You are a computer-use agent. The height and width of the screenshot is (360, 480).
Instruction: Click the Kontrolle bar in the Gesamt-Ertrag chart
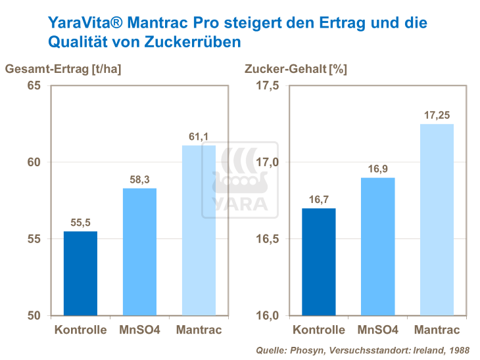(80, 273)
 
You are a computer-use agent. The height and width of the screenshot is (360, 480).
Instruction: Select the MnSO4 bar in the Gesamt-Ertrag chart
(139, 252)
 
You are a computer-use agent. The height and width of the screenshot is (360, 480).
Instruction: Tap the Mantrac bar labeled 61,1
(198, 230)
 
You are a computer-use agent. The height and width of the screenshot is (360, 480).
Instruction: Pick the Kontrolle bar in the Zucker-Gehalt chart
(318, 261)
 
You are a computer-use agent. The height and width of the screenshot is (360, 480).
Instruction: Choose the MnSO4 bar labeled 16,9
(377, 246)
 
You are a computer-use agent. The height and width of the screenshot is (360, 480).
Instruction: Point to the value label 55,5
(80, 223)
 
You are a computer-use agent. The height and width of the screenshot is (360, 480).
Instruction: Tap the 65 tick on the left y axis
(34, 86)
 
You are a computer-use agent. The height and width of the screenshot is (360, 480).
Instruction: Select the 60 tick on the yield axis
(34, 162)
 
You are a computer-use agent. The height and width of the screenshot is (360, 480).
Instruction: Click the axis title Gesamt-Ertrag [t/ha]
(64, 68)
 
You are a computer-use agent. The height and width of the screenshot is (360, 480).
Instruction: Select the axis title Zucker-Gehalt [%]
(295, 68)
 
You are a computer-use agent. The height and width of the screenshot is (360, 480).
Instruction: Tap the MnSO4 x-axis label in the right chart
(377, 330)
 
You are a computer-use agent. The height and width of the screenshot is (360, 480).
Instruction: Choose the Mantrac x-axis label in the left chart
(199, 330)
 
